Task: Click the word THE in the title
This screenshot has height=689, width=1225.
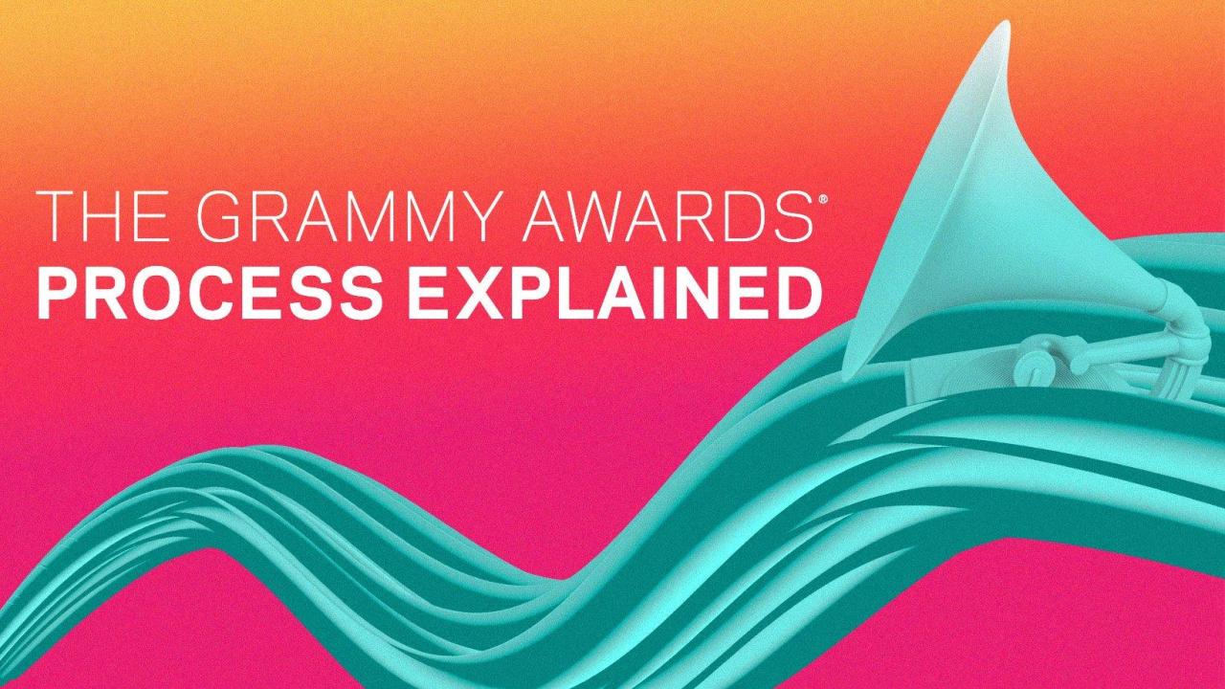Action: [100, 216]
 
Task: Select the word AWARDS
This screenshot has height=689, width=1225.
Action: [669, 216]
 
